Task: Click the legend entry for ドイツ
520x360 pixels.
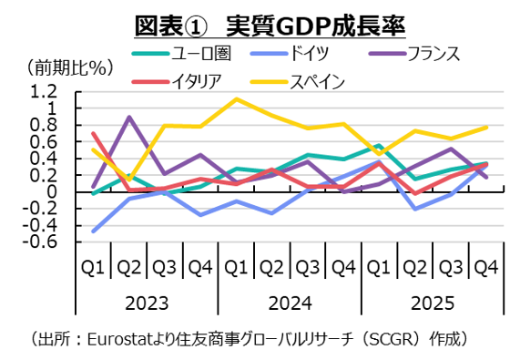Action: click(x=306, y=54)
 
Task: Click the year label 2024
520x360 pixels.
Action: click(x=290, y=302)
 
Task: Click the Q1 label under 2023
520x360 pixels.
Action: click(x=93, y=267)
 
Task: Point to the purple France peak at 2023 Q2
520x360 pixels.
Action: click(x=129, y=117)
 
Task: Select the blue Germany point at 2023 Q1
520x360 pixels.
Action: click(x=94, y=231)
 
